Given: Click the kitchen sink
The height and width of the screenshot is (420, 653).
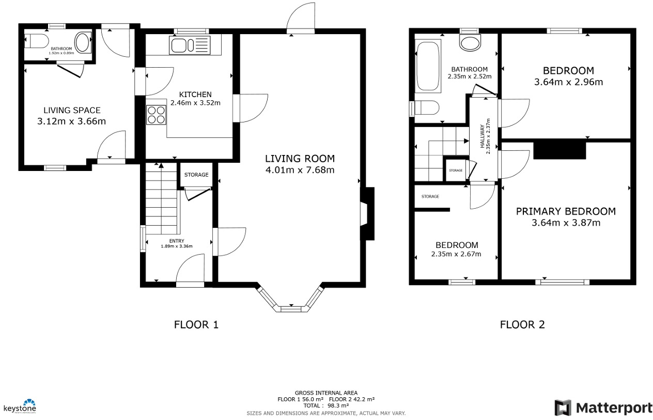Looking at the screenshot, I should click(x=189, y=45).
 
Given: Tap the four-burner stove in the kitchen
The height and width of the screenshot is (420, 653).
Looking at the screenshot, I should click(x=157, y=115).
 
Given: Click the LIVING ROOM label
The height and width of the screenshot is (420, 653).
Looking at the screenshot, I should click(x=300, y=159).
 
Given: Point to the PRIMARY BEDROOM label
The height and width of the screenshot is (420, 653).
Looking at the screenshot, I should click(x=566, y=211).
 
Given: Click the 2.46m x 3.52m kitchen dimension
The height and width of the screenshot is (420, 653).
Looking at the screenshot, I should click(x=195, y=103).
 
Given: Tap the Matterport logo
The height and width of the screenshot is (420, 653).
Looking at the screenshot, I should click(x=603, y=408).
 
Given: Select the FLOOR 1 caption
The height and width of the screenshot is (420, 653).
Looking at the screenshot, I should click(x=196, y=325).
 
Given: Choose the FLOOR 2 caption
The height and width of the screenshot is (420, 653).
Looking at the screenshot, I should click(x=522, y=325).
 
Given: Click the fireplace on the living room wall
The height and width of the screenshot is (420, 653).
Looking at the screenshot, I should click(x=367, y=213).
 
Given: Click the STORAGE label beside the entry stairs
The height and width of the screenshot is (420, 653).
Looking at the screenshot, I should click(x=196, y=175).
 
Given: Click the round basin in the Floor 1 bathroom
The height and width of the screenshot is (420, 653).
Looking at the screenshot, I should click(x=83, y=40).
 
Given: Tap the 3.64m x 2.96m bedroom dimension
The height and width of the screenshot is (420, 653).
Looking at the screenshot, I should click(x=568, y=82).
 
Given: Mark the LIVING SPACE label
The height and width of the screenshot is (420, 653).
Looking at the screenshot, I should click(x=72, y=110).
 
